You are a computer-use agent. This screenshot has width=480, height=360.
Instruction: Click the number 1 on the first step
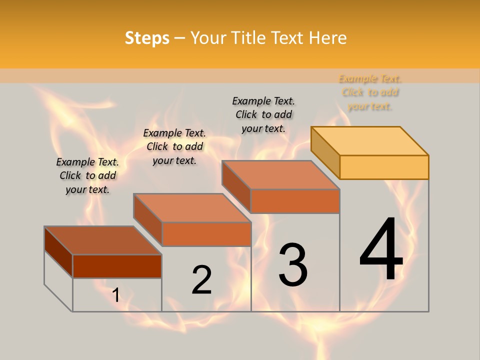click(116, 295)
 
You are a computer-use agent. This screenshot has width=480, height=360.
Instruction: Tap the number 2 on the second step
click(201, 280)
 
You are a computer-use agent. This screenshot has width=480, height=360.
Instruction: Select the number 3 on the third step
click(293, 264)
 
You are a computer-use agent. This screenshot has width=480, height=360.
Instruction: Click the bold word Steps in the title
click(147, 37)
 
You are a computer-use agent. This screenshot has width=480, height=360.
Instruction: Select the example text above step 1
click(87, 175)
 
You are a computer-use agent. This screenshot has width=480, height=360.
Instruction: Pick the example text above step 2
click(174, 146)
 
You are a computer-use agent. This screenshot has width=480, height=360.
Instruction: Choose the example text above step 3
click(263, 114)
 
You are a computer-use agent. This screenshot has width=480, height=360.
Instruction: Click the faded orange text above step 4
click(370, 92)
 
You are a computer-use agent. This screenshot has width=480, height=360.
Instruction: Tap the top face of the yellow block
click(370, 141)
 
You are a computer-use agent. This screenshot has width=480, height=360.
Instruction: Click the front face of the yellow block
click(384, 167)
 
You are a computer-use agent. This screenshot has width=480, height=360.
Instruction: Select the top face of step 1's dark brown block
click(102, 240)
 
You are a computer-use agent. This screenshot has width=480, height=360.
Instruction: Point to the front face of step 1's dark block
click(117, 266)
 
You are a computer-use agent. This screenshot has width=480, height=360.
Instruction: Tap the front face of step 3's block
click(295, 201)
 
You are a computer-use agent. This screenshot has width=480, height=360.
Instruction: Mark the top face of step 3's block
click(280, 175)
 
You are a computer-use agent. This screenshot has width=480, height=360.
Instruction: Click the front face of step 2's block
click(206, 234)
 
